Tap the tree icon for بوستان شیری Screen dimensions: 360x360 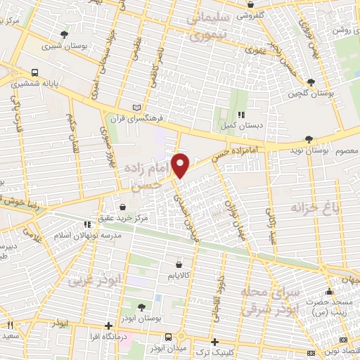(x=65, y=34)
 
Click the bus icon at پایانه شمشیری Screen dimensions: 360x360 (x=35, y=72)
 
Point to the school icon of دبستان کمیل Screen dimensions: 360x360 (x=241, y=114)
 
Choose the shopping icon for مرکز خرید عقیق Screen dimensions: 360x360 (x=124, y=207)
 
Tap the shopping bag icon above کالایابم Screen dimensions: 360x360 (x=187, y=256)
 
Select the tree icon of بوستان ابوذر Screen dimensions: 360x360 (x=142, y=307)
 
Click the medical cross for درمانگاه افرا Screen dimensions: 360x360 (x=108, y=326)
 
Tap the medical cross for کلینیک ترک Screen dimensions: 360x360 (x=214, y=341)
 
